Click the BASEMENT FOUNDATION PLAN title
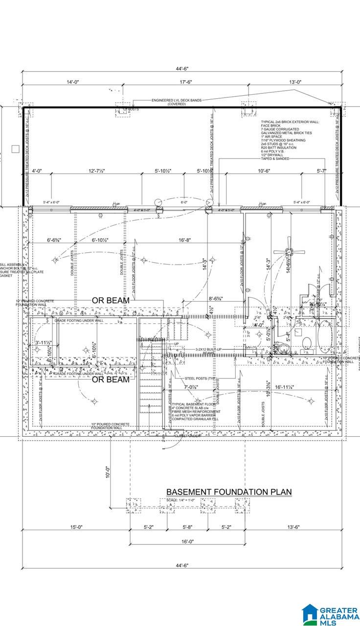click(x=229, y=492)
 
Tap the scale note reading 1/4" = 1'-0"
click(x=180, y=500)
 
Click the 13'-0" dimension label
click(x=295, y=82)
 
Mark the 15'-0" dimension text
click(x=76, y=527)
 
